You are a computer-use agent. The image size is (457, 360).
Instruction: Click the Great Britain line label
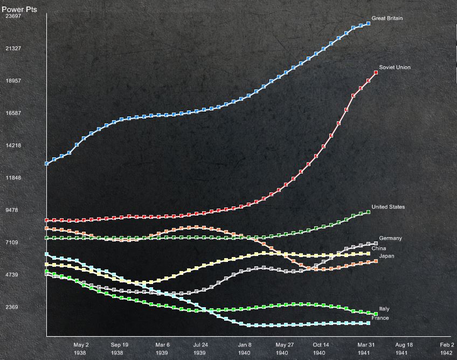pyautogui.click(x=387, y=19)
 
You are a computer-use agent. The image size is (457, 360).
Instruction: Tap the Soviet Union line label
pyautogui.click(x=394, y=68)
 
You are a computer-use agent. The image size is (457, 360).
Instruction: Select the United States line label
pyautogui.click(x=388, y=207)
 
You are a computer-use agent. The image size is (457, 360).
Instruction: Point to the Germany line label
pyautogui.click(x=390, y=238)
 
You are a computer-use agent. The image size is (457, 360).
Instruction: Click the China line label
pyautogui.click(x=378, y=248)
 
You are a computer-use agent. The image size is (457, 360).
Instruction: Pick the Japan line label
pyautogui.click(x=386, y=256)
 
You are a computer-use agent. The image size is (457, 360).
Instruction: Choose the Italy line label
pyautogui.click(x=384, y=309)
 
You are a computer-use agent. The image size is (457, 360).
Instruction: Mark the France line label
pyautogui.click(x=380, y=319)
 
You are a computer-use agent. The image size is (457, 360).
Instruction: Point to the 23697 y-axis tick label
pyautogui.click(x=13, y=16)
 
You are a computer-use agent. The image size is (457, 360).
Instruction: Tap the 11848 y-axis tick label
pyautogui.click(x=13, y=178)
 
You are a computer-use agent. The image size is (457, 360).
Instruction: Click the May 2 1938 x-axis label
pyautogui.click(x=81, y=348)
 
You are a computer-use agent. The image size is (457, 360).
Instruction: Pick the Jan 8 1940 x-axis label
pyautogui.click(x=245, y=348)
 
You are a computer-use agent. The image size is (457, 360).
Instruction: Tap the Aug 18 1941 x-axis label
pyautogui.click(x=404, y=348)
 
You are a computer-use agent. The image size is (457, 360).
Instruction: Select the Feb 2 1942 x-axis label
pyautogui.click(x=447, y=348)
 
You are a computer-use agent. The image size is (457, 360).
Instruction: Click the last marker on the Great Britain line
pyautogui.click(x=369, y=23)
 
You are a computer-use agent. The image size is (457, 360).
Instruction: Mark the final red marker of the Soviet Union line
pyautogui.click(x=376, y=72)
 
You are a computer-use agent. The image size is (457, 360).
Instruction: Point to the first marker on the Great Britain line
pyautogui.click(x=47, y=163)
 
